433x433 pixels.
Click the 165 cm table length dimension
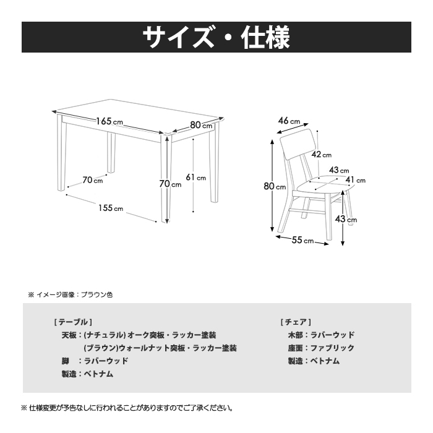(x=109, y=121)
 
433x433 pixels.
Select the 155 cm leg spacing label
(x=111, y=208)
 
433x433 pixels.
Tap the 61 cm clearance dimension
(x=196, y=178)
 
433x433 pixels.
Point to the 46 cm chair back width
(x=289, y=121)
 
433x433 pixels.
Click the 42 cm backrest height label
(x=322, y=155)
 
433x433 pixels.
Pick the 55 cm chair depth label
(x=302, y=240)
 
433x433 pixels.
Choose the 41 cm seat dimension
(x=356, y=180)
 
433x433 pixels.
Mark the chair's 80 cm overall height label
(x=275, y=186)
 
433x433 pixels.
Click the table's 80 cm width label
(x=201, y=125)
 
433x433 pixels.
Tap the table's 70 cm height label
(x=170, y=184)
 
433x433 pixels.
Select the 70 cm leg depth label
(x=93, y=180)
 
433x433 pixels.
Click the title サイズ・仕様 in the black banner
(x=216, y=37)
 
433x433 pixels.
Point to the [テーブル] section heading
(x=73, y=322)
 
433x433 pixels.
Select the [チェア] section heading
(x=296, y=322)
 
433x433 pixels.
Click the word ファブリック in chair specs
(x=333, y=348)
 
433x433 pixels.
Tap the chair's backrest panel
(x=296, y=144)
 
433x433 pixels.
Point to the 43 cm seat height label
(x=346, y=219)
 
